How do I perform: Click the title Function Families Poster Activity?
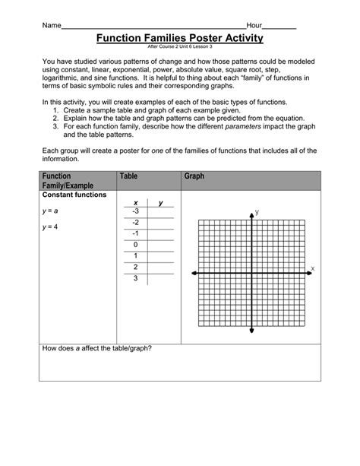click(x=180, y=37)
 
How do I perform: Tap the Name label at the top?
click(x=51, y=26)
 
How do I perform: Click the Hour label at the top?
click(x=254, y=26)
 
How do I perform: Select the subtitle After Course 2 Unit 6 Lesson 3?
click(x=180, y=47)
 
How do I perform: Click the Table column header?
click(x=129, y=176)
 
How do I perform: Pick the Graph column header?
click(x=194, y=176)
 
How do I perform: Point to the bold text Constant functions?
click(x=74, y=195)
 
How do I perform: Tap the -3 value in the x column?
click(x=134, y=211)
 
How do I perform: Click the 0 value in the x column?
click(x=135, y=245)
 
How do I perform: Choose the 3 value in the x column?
click(x=135, y=279)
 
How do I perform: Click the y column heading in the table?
click(x=161, y=202)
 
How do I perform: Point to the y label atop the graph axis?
click(x=257, y=212)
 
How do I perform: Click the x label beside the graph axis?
click(x=311, y=269)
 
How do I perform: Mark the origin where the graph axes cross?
click(x=251, y=273)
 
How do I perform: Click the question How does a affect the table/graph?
click(x=97, y=348)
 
